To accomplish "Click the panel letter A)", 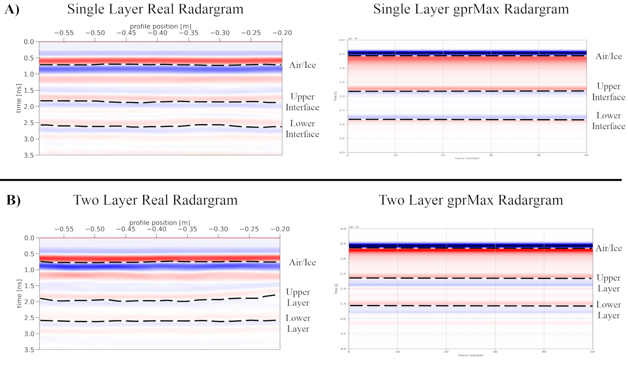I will (12, 10).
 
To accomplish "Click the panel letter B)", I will (13, 200).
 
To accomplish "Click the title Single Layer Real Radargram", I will (155, 9).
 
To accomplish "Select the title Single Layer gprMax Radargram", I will (471, 9).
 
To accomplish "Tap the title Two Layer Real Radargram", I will (155, 200).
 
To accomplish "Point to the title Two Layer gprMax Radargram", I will (471, 200).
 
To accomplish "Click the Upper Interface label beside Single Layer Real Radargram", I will (302, 102).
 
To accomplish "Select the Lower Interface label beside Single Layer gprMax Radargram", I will (608, 121).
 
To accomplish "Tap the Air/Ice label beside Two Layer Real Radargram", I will (302, 263).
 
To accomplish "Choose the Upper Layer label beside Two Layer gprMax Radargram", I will (608, 283).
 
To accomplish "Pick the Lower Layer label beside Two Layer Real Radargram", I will (298, 323).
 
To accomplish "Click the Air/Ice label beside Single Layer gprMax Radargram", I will (608, 57).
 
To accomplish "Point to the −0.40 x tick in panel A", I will (157, 33).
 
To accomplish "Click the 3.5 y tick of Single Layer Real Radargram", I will (28, 155).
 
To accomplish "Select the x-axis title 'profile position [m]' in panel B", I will (160, 223).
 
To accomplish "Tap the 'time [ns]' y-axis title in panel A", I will (18, 98).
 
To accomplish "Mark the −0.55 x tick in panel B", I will (64, 229).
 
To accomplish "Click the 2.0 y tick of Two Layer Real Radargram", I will (29, 302).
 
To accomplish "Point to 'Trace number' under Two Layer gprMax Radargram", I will (471, 355).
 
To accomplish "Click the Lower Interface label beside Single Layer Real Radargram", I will (302, 129).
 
